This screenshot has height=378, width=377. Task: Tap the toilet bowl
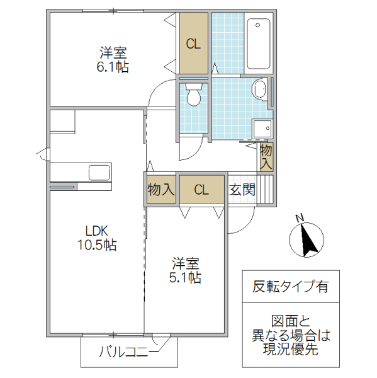(194, 96)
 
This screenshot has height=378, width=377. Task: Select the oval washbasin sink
(259, 89)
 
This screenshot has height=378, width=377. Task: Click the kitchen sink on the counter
(99, 172)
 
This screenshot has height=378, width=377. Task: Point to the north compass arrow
(308, 240)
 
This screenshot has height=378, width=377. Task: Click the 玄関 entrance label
(242, 190)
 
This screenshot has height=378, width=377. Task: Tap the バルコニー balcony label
(128, 353)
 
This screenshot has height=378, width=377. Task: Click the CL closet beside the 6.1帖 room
(193, 43)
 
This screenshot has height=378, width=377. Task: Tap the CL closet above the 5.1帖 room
(201, 190)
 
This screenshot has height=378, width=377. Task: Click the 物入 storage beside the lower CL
(160, 190)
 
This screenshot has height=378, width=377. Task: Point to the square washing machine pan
(261, 129)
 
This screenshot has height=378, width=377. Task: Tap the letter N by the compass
(300, 219)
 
